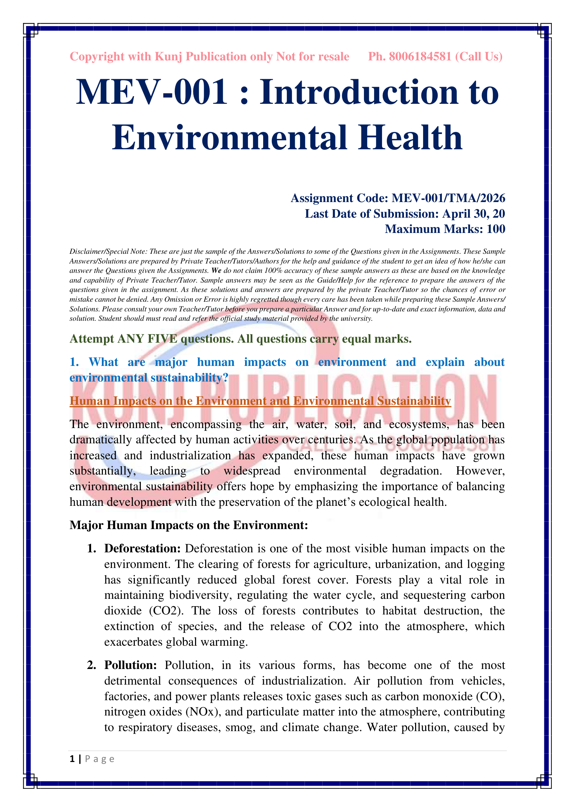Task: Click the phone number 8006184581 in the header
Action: click(420, 57)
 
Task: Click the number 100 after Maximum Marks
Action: click(496, 229)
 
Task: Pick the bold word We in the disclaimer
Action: click(216, 271)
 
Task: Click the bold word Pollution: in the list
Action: click(130, 665)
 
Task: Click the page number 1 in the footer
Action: click(72, 759)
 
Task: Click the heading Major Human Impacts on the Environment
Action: click(189, 525)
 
